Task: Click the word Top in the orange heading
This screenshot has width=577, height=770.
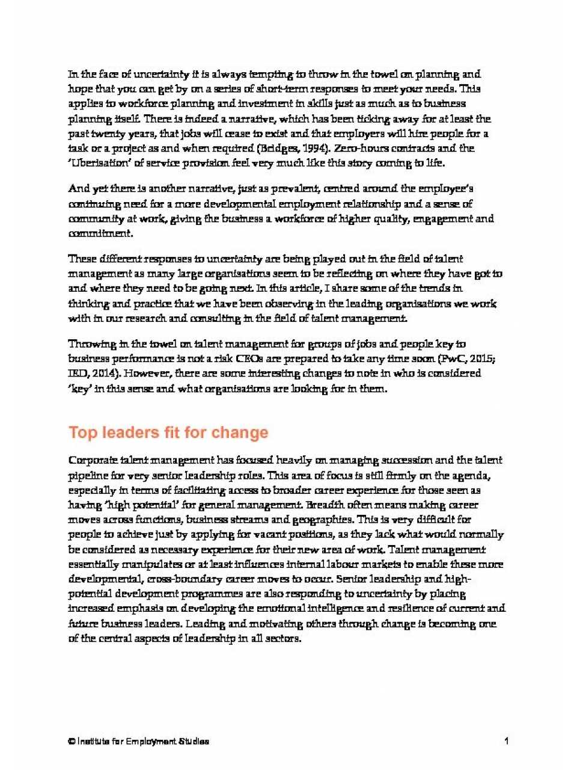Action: coord(82,433)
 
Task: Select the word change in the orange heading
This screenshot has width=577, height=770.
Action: coord(243,433)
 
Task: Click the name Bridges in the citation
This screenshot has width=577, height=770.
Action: coord(275,148)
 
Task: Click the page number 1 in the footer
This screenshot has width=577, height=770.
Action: coord(507,741)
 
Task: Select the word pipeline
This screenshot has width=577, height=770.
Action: coord(88,475)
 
